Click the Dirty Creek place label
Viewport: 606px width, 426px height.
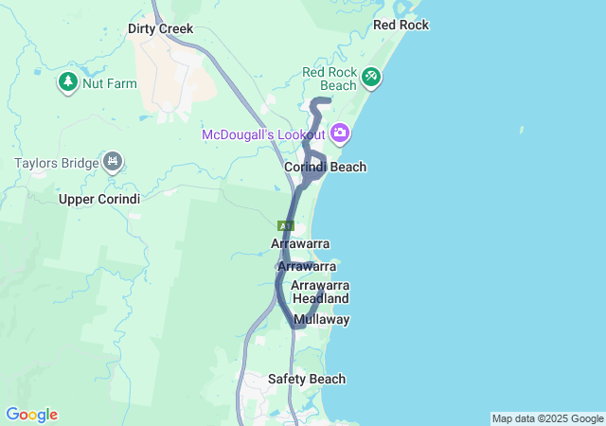pos(160,29)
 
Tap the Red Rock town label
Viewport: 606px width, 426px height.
pos(401,25)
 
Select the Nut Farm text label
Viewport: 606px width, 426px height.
pos(110,83)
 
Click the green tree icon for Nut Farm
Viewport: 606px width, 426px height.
pos(68,82)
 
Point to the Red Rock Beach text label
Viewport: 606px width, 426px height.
pos(330,79)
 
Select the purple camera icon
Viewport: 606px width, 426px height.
pos(339,133)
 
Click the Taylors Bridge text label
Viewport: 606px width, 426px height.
pos(57,163)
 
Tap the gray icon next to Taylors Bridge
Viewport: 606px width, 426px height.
pos(114,162)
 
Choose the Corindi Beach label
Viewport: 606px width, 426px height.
pos(325,168)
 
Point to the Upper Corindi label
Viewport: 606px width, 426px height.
pos(99,199)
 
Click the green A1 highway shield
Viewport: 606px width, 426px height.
pos(286,225)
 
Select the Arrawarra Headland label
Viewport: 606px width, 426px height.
pos(320,292)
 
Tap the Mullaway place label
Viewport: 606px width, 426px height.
pos(322,320)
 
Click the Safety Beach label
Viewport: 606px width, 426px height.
pos(306,380)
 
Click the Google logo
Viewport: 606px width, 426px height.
pos(31,415)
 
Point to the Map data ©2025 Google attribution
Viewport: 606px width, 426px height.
pos(546,418)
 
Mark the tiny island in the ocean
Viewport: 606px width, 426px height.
pos(521,130)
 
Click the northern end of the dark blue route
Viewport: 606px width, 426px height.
pos(328,100)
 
